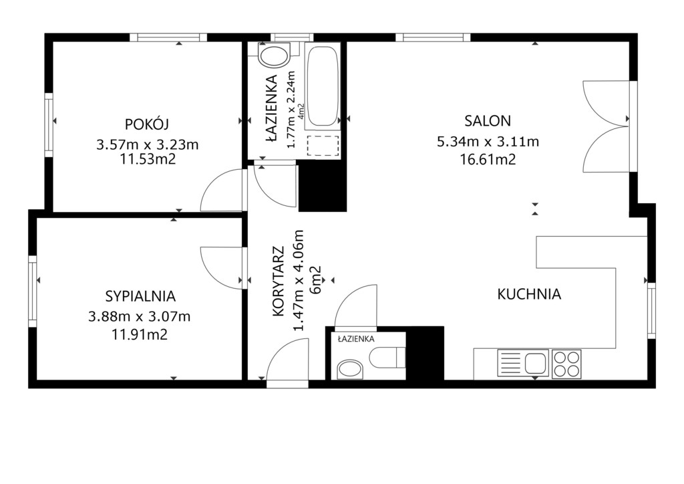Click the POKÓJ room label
pyautogui.click(x=146, y=125)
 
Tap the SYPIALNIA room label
pyautogui.click(x=140, y=296)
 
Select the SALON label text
pyautogui.click(x=488, y=120)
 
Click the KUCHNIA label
pyautogui.click(x=529, y=294)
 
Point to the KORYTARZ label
pyautogui.click(x=278, y=281)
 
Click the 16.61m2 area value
pyautogui.click(x=488, y=159)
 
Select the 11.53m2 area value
pyautogui.click(x=148, y=159)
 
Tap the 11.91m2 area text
pyautogui.click(x=140, y=335)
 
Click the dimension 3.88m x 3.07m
pyautogui.click(x=140, y=316)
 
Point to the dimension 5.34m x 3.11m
pyautogui.click(x=488, y=142)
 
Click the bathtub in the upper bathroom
pyautogui.click(x=323, y=86)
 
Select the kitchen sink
pyautogui.click(x=523, y=362)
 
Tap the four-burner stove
pyautogui.click(x=566, y=364)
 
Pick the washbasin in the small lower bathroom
pyautogui.click(x=351, y=369)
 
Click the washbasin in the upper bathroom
pyautogui.click(x=274, y=55)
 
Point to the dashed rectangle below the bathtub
pyautogui.click(x=323, y=145)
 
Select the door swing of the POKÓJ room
pyautogui.click(x=221, y=191)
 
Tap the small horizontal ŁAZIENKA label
pyautogui.click(x=356, y=338)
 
